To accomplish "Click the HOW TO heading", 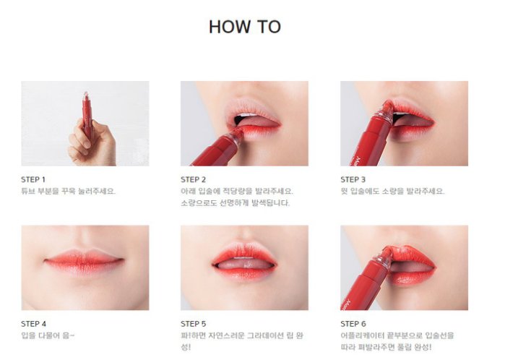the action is click(245, 27).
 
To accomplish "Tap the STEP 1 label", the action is click(33, 179).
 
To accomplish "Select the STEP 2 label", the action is click(193, 179).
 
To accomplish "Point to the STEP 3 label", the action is click(353, 179).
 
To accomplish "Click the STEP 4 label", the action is click(33, 324).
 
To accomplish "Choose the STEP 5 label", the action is click(193, 324).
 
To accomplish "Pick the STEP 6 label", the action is click(353, 324).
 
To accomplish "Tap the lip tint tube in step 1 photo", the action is click(87, 113).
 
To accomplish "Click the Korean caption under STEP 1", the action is click(69, 191).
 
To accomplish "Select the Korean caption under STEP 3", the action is click(392, 191).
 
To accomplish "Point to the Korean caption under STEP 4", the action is click(48, 335).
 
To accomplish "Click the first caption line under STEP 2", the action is click(237, 191).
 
